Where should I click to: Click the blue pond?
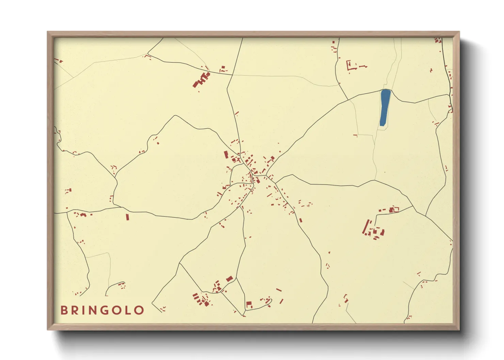[x=385, y=108]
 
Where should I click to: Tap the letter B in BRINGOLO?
[x=64, y=310]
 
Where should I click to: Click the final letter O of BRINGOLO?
[x=139, y=310]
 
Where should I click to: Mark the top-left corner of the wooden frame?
[x=48, y=32]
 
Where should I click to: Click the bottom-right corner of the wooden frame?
[x=459, y=330]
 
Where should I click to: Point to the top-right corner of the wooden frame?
[x=459, y=32]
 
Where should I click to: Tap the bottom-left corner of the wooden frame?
[x=48, y=330]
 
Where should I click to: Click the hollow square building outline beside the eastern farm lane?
[x=395, y=209]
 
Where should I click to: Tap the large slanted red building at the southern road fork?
[x=230, y=279]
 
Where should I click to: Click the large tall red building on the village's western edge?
[x=225, y=155]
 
